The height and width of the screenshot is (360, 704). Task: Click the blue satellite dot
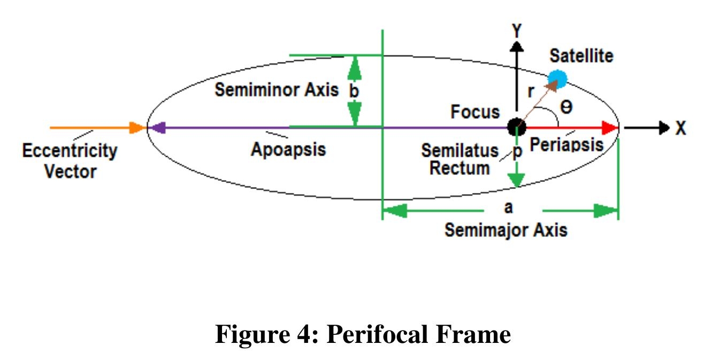click(557, 79)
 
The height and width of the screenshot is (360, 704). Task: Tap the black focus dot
click(516, 127)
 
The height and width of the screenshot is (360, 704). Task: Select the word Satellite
click(581, 56)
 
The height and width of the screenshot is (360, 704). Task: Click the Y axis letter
click(517, 31)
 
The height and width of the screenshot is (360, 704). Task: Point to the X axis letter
click(681, 128)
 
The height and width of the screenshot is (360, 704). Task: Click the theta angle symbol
click(567, 108)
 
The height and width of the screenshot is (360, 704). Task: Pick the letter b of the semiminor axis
click(354, 91)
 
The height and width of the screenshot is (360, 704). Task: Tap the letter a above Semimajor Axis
click(508, 208)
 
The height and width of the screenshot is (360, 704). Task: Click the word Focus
click(475, 112)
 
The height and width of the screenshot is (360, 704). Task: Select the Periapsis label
click(567, 145)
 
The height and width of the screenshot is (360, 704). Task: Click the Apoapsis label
click(288, 149)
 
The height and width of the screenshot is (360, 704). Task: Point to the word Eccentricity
click(70, 151)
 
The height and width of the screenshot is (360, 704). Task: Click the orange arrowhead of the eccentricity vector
click(137, 128)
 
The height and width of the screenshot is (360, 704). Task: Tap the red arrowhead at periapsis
click(610, 128)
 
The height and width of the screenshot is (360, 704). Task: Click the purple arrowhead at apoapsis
click(157, 128)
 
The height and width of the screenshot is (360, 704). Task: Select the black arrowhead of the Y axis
click(516, 47)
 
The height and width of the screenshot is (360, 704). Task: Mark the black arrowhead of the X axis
click(664, 128)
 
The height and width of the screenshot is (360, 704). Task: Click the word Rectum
click(460, 168)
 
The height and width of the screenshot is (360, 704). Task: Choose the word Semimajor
click(486, 230)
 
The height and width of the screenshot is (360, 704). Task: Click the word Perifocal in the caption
click(377, 334)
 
